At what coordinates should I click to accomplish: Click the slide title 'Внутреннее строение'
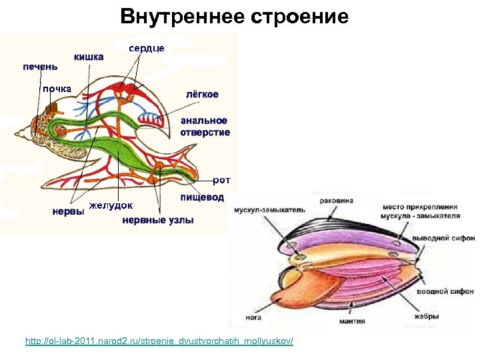click(235, 16)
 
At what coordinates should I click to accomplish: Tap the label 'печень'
click(40, 66)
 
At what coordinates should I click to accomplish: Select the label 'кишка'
click(89, 57)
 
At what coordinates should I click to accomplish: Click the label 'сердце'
click(147, 48)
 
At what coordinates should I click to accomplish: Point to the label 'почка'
click(57, 89)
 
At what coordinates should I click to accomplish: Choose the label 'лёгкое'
click(202, 94)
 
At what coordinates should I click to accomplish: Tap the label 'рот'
click(221, 180)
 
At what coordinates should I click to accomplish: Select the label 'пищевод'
click(203, 197)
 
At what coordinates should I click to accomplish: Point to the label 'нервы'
click(68, 211)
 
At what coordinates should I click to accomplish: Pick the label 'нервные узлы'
click(158, 221)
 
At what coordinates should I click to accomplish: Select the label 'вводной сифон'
click(445, 291)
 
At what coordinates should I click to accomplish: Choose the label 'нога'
click(253, 318)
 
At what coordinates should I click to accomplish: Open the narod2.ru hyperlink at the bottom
click(159, 341)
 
